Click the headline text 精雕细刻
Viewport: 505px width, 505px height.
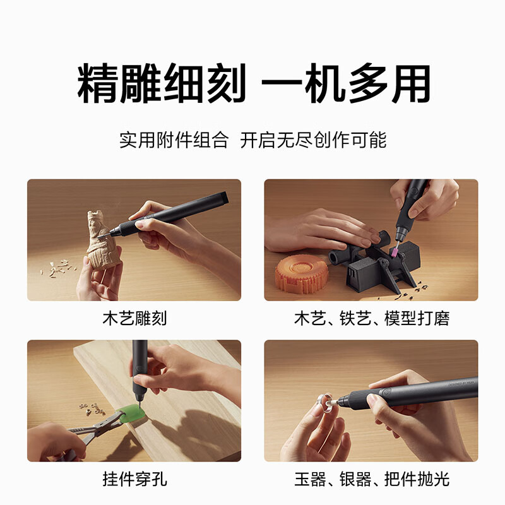pyautogui.click(x=161, y=84)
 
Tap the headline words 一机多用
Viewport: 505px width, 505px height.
pyautogui.click(x=346, y=84)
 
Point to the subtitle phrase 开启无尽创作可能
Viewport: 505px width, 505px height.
pyautogui.click(x=313, y=140)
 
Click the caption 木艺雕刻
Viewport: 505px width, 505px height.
pyautogui.click(x=134, y=318)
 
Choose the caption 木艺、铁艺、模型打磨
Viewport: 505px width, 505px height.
pyautogui.click(x=371, y=318)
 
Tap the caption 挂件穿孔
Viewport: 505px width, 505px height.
pyautogui.click(x=134, y=479)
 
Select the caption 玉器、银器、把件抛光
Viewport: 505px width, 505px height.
pyautogui.click(x=371, y=479)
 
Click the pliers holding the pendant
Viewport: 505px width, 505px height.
pyautogui.click(x=95, y=431)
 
